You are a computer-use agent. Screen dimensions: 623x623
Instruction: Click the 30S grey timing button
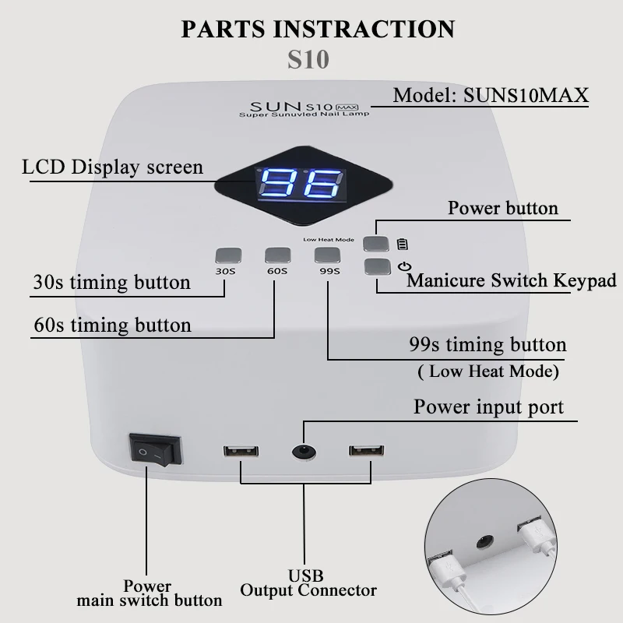tap(226, 255)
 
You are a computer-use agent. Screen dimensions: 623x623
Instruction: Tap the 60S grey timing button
tap(276, 255)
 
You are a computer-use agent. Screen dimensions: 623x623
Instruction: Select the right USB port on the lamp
tap(366, 451)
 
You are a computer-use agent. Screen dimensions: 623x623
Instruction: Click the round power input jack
tap(303, 450)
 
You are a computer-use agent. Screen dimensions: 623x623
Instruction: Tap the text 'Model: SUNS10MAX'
tap(491, 96)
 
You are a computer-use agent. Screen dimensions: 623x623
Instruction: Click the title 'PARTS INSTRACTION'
tap(318, 29)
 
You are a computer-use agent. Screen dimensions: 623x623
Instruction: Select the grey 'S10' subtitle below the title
tap(308, 59)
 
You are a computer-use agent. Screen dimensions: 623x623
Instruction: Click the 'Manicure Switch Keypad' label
tap(512, 280)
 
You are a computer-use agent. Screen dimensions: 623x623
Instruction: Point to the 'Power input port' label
tap(489, 407)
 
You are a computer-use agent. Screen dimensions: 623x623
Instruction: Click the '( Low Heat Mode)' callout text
tap(488, 371)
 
